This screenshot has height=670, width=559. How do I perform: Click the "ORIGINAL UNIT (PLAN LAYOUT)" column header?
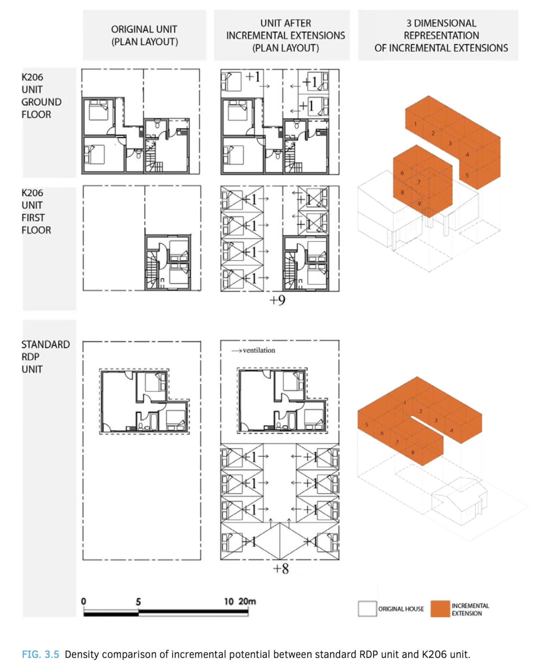click(144, 35)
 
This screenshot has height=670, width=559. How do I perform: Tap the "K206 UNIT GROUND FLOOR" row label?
click(41, 96)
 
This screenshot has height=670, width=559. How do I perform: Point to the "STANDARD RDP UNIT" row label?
click(45, 357)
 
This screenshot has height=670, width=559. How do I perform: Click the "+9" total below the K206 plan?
click(277, 300)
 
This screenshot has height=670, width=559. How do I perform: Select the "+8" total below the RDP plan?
click(281, 569)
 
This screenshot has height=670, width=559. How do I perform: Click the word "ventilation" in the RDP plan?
click(259, 350)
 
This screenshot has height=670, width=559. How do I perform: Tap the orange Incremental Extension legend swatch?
click(440, 608)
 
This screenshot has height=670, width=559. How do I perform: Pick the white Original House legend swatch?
click(367, 608)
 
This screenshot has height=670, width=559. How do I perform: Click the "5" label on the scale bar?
click(138, 602)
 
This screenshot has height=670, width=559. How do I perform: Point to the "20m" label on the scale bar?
click(247, 601)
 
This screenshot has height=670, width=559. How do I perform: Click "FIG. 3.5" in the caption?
click(40, 654)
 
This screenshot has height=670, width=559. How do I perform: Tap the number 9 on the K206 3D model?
click(419, 204)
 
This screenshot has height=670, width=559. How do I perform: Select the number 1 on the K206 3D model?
click(416, 124)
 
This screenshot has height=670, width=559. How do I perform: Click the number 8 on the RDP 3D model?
click(413, 452)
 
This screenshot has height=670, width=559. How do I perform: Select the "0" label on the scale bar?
click(83, 601)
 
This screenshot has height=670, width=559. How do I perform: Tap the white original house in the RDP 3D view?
click(459, 501)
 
